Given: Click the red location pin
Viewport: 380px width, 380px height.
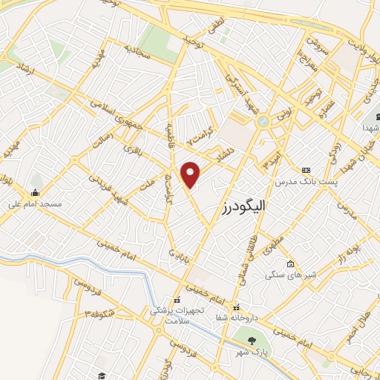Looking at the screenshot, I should [191, 174].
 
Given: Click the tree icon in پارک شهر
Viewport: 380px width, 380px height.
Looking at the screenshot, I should [251, 341].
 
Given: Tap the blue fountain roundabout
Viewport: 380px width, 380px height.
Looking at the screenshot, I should [262, 121].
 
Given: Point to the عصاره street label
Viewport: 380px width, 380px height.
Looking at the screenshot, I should [327, 107].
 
